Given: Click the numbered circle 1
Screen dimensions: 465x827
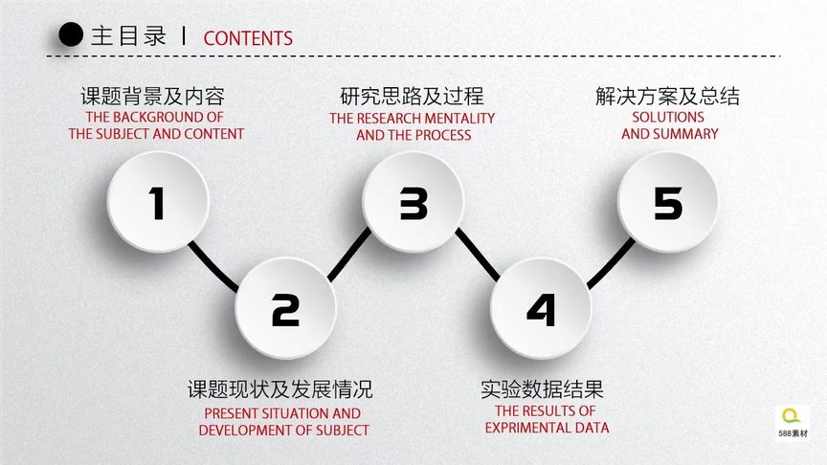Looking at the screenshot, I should tap(157, 202).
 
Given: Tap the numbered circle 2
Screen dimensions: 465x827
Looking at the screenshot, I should tap(285, 308).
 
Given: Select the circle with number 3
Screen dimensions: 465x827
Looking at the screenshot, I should tap(413, 202).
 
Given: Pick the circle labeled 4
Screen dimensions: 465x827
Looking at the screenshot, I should tap(541, 308).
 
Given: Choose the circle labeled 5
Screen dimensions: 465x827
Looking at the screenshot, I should tap(668, 202).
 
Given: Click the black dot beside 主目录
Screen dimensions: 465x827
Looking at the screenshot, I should tap(71, 36).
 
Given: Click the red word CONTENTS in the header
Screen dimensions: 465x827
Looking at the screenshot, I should tap(248, 38).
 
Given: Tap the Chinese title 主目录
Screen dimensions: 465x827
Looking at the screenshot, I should tap(128, 37).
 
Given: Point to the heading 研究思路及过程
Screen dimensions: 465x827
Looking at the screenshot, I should tap(412, 97).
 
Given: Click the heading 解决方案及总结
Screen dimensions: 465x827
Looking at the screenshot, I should tap(667, 97).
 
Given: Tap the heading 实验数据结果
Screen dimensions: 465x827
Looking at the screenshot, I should tap(542, 390).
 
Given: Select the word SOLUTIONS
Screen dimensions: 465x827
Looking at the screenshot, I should tap(668, 118).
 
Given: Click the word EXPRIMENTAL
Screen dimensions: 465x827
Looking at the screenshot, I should tap(530, 428).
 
